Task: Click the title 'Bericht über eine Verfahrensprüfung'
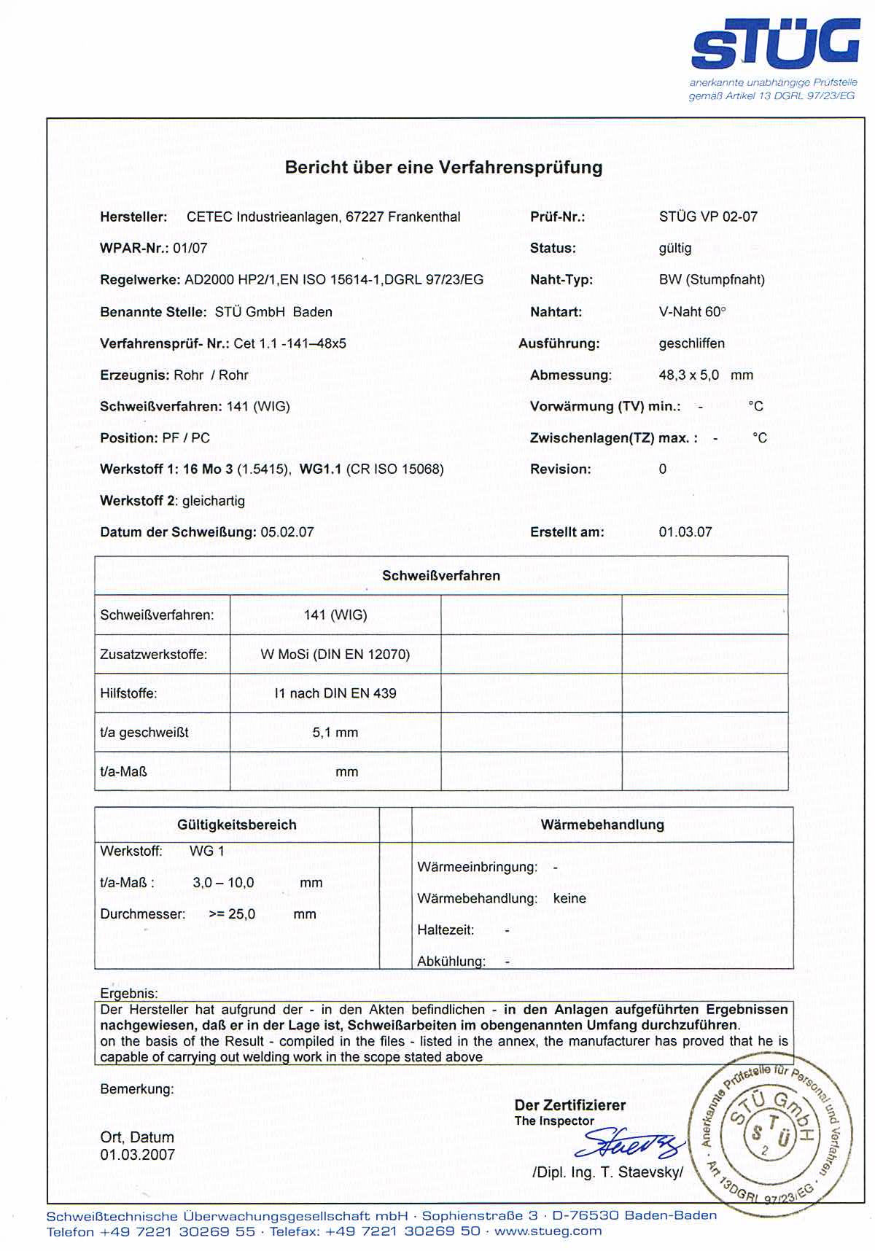[443, 168]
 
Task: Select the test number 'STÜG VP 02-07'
[707, 217]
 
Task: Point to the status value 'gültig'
[674, 248]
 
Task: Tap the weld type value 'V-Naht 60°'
[692, 312]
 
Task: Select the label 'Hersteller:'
[133, 217]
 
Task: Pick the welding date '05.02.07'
[287, 532]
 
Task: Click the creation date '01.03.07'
[685, 532]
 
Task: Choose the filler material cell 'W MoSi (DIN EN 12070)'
[335, 655]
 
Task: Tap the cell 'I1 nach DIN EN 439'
[335, 693]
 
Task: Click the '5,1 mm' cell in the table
[335, 733]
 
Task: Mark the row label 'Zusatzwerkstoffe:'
[153, 655]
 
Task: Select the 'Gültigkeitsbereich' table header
[236, 825]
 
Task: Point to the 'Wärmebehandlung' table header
[602, 825]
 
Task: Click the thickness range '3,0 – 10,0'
[223, 883]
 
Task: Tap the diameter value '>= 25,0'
[232, 914]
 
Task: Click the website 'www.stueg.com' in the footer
[548, 1231]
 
